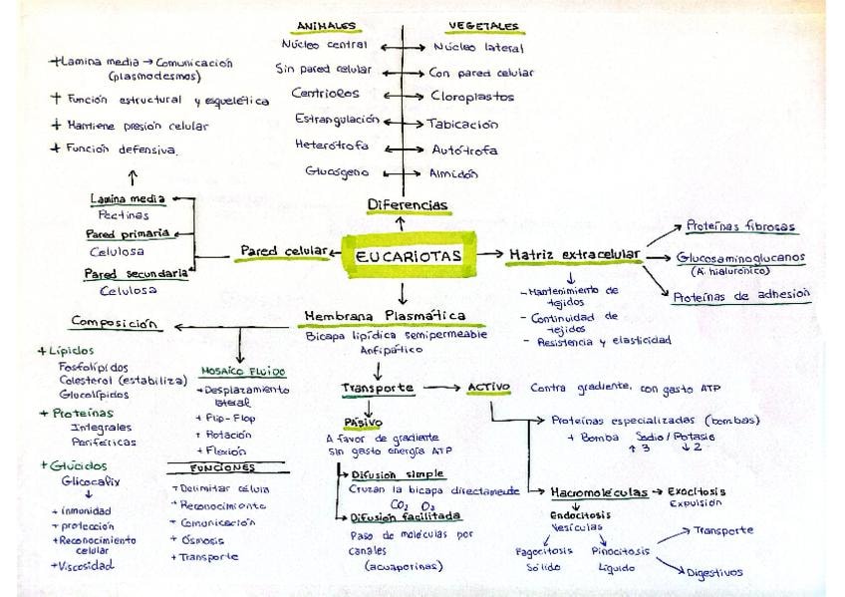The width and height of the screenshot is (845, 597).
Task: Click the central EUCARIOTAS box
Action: tap(409, 256)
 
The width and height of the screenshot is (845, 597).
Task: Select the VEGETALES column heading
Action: tap(482, 25)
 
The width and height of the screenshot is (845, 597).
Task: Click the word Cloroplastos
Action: tap(472, 98)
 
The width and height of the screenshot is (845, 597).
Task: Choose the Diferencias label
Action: tap(408, 205)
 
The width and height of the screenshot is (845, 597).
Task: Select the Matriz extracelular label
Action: tap(574, 255)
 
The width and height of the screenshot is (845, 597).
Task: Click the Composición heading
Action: tap(115, 322)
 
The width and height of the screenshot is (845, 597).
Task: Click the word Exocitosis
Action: tap(697, 491)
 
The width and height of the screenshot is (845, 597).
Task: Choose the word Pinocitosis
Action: tap(620, 550)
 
